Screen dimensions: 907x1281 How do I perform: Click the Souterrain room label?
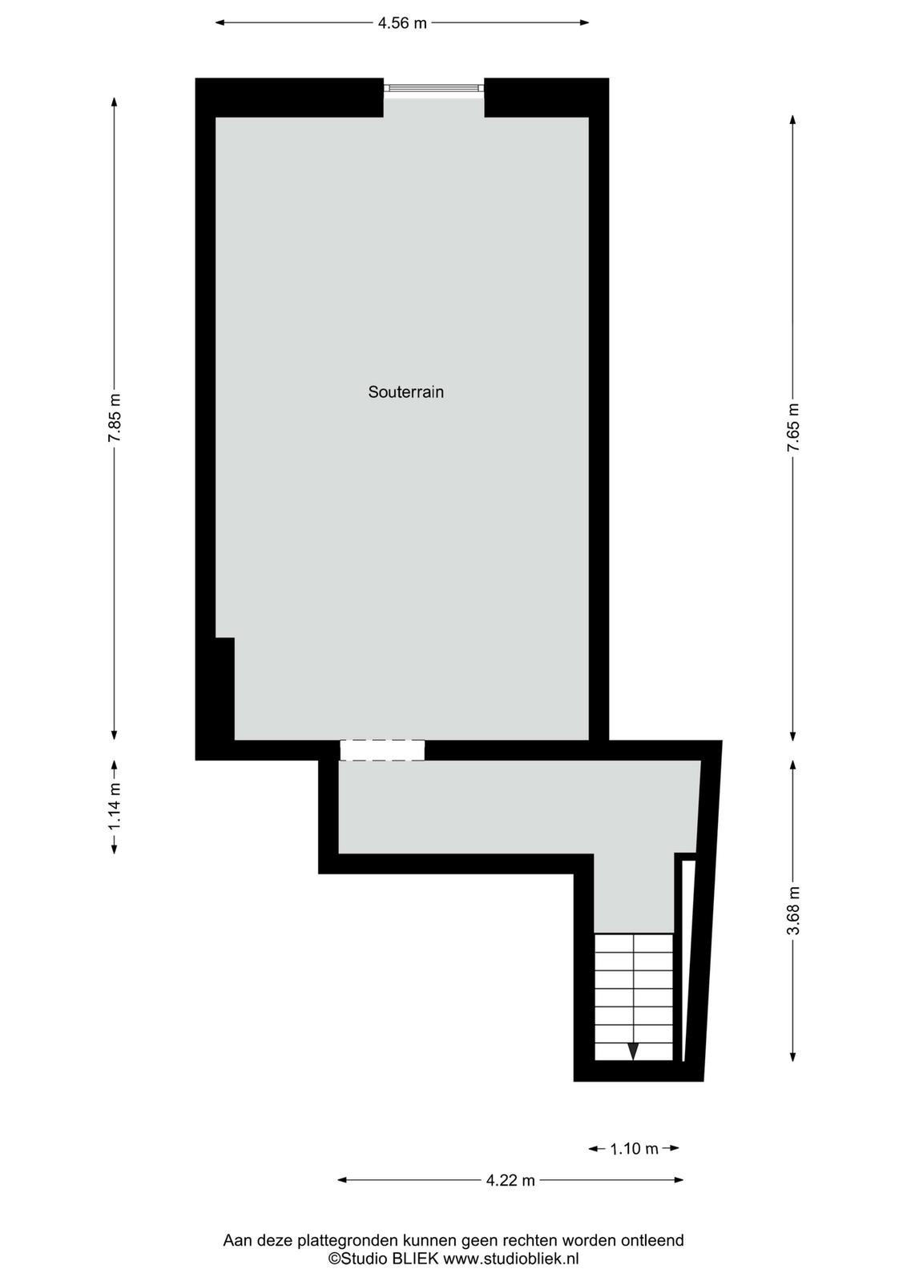tap(405, 392)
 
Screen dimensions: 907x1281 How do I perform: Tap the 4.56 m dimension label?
tap(402, 23)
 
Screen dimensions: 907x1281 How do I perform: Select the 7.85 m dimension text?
tap(115, 417)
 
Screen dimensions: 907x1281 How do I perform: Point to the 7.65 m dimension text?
tap(792, 428)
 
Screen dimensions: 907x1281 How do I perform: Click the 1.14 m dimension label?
tap(115, 807)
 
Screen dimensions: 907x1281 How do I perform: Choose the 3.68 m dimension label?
tap(792, 910)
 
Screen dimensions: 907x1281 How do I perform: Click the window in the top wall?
tap(433, 88)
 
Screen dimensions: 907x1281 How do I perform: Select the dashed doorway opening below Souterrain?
tap(382, 750)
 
